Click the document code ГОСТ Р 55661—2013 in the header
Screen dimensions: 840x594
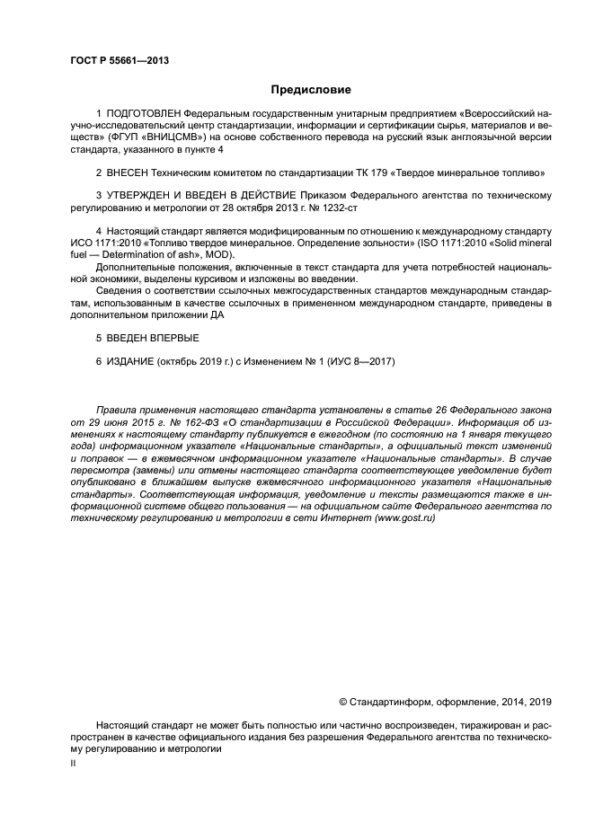pos(119,61)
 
